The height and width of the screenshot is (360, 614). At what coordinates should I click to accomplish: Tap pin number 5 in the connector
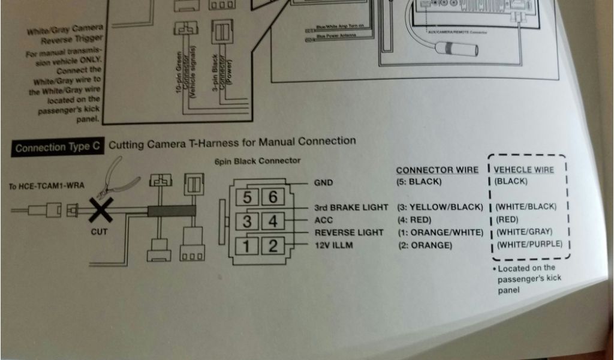click(247, 197)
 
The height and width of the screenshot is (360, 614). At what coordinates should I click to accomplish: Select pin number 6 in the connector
click(272, 197)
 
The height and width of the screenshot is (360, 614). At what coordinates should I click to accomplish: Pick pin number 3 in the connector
click(247, 221)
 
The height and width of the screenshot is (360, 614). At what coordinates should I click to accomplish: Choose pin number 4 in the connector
click(272, 221)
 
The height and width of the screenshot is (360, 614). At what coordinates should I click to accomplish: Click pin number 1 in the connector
click(247, 245)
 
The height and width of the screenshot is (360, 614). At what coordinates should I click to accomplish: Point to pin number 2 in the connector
click(272, 245)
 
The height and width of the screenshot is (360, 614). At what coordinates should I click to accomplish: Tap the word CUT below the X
click(99, 232)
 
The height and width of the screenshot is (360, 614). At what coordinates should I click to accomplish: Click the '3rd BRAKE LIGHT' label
click(351, 208)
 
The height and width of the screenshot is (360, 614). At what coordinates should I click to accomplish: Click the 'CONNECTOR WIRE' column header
click(437, 170)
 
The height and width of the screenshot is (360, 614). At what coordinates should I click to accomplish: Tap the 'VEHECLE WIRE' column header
click(523, 170)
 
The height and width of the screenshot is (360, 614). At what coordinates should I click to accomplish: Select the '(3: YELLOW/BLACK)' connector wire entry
click(440, 207)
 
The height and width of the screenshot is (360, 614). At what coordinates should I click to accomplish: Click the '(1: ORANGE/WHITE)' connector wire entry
click(440, 232)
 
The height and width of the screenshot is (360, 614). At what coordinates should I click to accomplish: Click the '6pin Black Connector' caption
click(257, 161)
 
